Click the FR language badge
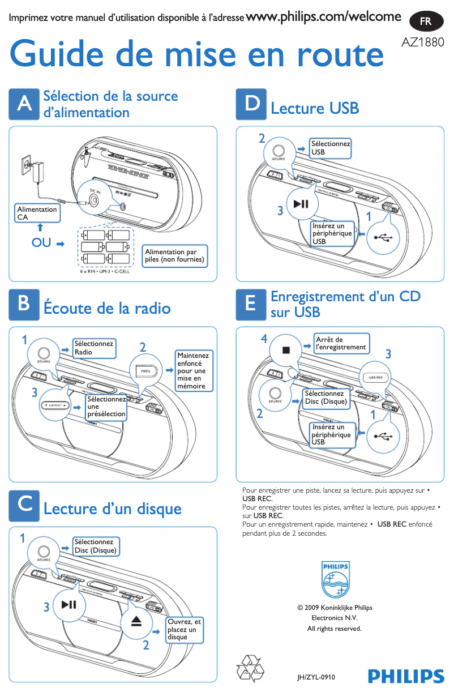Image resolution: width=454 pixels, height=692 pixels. click(425, 22)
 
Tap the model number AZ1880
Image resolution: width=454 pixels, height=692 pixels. click(422, 43)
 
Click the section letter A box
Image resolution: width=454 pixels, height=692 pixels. click(24, 104)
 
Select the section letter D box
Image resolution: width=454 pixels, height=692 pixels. click(251, 104)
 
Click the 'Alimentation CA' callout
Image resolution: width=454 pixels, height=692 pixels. click(37, 213)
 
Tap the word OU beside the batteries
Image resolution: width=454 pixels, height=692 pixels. click(41, 243)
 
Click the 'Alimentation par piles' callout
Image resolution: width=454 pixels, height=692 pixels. click(174, 256)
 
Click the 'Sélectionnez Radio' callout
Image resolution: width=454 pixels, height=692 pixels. click(94, 348)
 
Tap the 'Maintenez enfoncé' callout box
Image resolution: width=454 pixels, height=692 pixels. click(194, 371)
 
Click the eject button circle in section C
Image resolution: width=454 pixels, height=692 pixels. click(137, 622)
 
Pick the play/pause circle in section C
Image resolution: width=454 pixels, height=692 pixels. click(69, 605)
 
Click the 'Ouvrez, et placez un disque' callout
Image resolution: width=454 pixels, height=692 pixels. click(184, 629)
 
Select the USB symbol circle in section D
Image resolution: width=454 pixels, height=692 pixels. click(383, 237)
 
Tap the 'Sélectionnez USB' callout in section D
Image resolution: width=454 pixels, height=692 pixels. click(330, 148)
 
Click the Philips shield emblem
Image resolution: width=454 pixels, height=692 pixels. click(335, 580)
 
